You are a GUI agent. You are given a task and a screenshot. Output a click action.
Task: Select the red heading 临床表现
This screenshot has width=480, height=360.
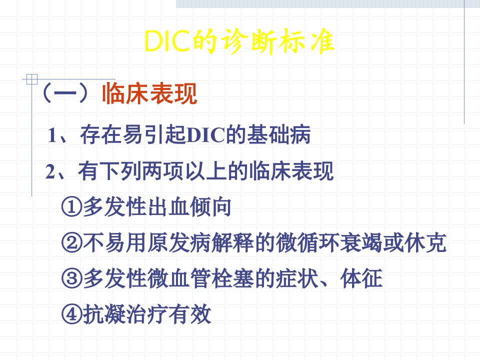pos(149,93)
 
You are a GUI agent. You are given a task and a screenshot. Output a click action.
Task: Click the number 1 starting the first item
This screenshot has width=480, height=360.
pos(52,135)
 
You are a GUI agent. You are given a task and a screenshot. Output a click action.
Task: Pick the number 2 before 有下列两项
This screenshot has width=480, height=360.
pos(50,171)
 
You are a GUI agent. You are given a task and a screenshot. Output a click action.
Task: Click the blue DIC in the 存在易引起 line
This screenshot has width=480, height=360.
pos(205,134)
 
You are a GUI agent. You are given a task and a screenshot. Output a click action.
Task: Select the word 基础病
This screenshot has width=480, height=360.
pos(278,134)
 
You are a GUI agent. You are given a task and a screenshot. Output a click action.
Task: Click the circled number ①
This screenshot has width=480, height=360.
pos(72,207)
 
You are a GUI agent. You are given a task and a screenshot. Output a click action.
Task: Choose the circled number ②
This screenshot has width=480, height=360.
pos(72,243)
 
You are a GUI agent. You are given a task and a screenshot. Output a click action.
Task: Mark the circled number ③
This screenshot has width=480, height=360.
pos(72,278)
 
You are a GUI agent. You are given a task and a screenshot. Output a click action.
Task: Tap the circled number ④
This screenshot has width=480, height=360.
pos(72,314)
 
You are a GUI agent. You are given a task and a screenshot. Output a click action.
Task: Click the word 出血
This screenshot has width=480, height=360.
pos(168,206)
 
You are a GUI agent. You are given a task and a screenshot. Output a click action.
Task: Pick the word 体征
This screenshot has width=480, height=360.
pos(361,278)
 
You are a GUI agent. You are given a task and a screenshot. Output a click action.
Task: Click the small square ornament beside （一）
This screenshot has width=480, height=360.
pos(32,79)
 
